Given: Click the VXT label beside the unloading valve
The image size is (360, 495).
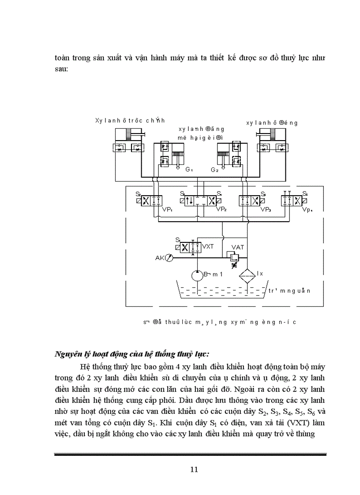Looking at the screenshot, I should (208, 246).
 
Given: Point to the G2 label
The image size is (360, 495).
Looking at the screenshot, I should (214, 170).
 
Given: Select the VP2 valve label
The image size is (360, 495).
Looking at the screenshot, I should (221, 209).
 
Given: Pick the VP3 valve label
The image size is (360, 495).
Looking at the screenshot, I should (265, 209).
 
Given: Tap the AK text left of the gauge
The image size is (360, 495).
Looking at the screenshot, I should (159, 258).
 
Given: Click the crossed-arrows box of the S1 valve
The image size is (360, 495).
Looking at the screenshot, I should (185, 247).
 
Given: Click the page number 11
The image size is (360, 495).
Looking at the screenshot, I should (194, 469).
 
